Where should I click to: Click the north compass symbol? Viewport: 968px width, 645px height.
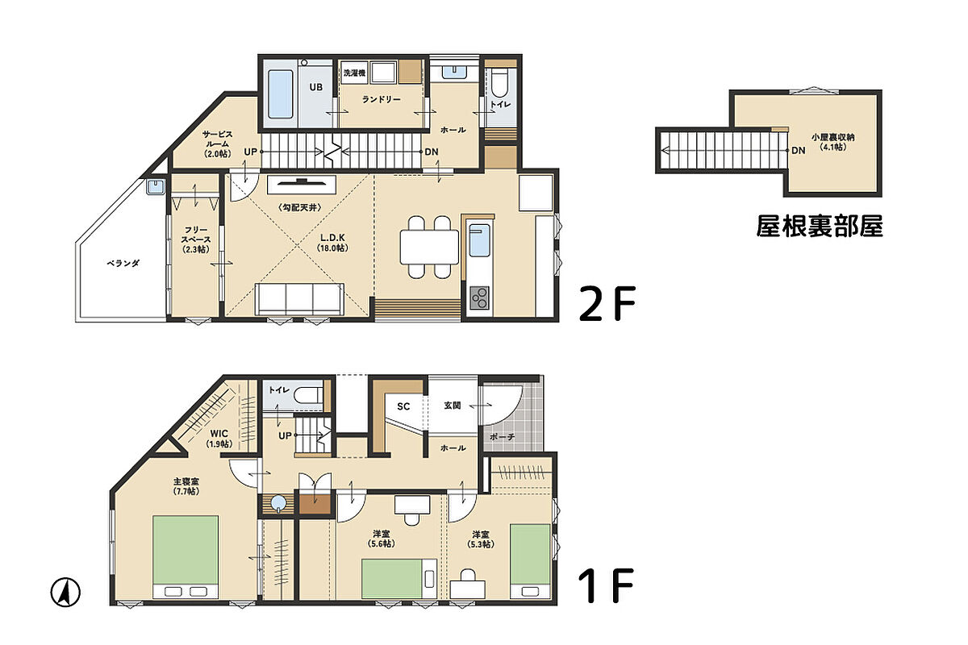(x=65, y=592)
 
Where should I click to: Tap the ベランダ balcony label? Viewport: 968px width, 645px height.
(x=123, y=263)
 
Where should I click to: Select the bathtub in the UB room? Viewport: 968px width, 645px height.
(x=280, y=94)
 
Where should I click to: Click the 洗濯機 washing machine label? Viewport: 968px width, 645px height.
(x=354, y=73)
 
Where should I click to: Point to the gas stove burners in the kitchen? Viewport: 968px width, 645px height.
(x=479, y=298)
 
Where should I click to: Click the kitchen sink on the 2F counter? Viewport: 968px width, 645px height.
(x=479, y=240)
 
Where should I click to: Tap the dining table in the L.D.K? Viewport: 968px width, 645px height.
(x=429, y=247)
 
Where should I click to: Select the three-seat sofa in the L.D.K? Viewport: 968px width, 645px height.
(x=299, y=299)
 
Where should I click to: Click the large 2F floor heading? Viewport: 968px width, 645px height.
(x=607, y=303)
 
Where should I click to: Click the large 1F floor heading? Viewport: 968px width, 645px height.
(x=607, y=585)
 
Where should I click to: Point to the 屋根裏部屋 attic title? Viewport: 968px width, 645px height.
(x=820, y=227)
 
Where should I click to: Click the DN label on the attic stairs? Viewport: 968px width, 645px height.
(x=798, y=151)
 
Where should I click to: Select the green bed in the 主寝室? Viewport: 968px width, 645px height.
(x=186, y=557)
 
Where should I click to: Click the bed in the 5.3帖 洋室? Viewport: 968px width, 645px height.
(x=530, y=561)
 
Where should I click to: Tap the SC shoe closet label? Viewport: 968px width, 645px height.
(x=403, y=406)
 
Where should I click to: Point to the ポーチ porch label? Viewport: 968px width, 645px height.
(x=502, y=437)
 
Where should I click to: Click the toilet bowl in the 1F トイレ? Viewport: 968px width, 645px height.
(x=308, y=394)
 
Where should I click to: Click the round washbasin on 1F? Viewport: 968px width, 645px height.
(x=278, y=503)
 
